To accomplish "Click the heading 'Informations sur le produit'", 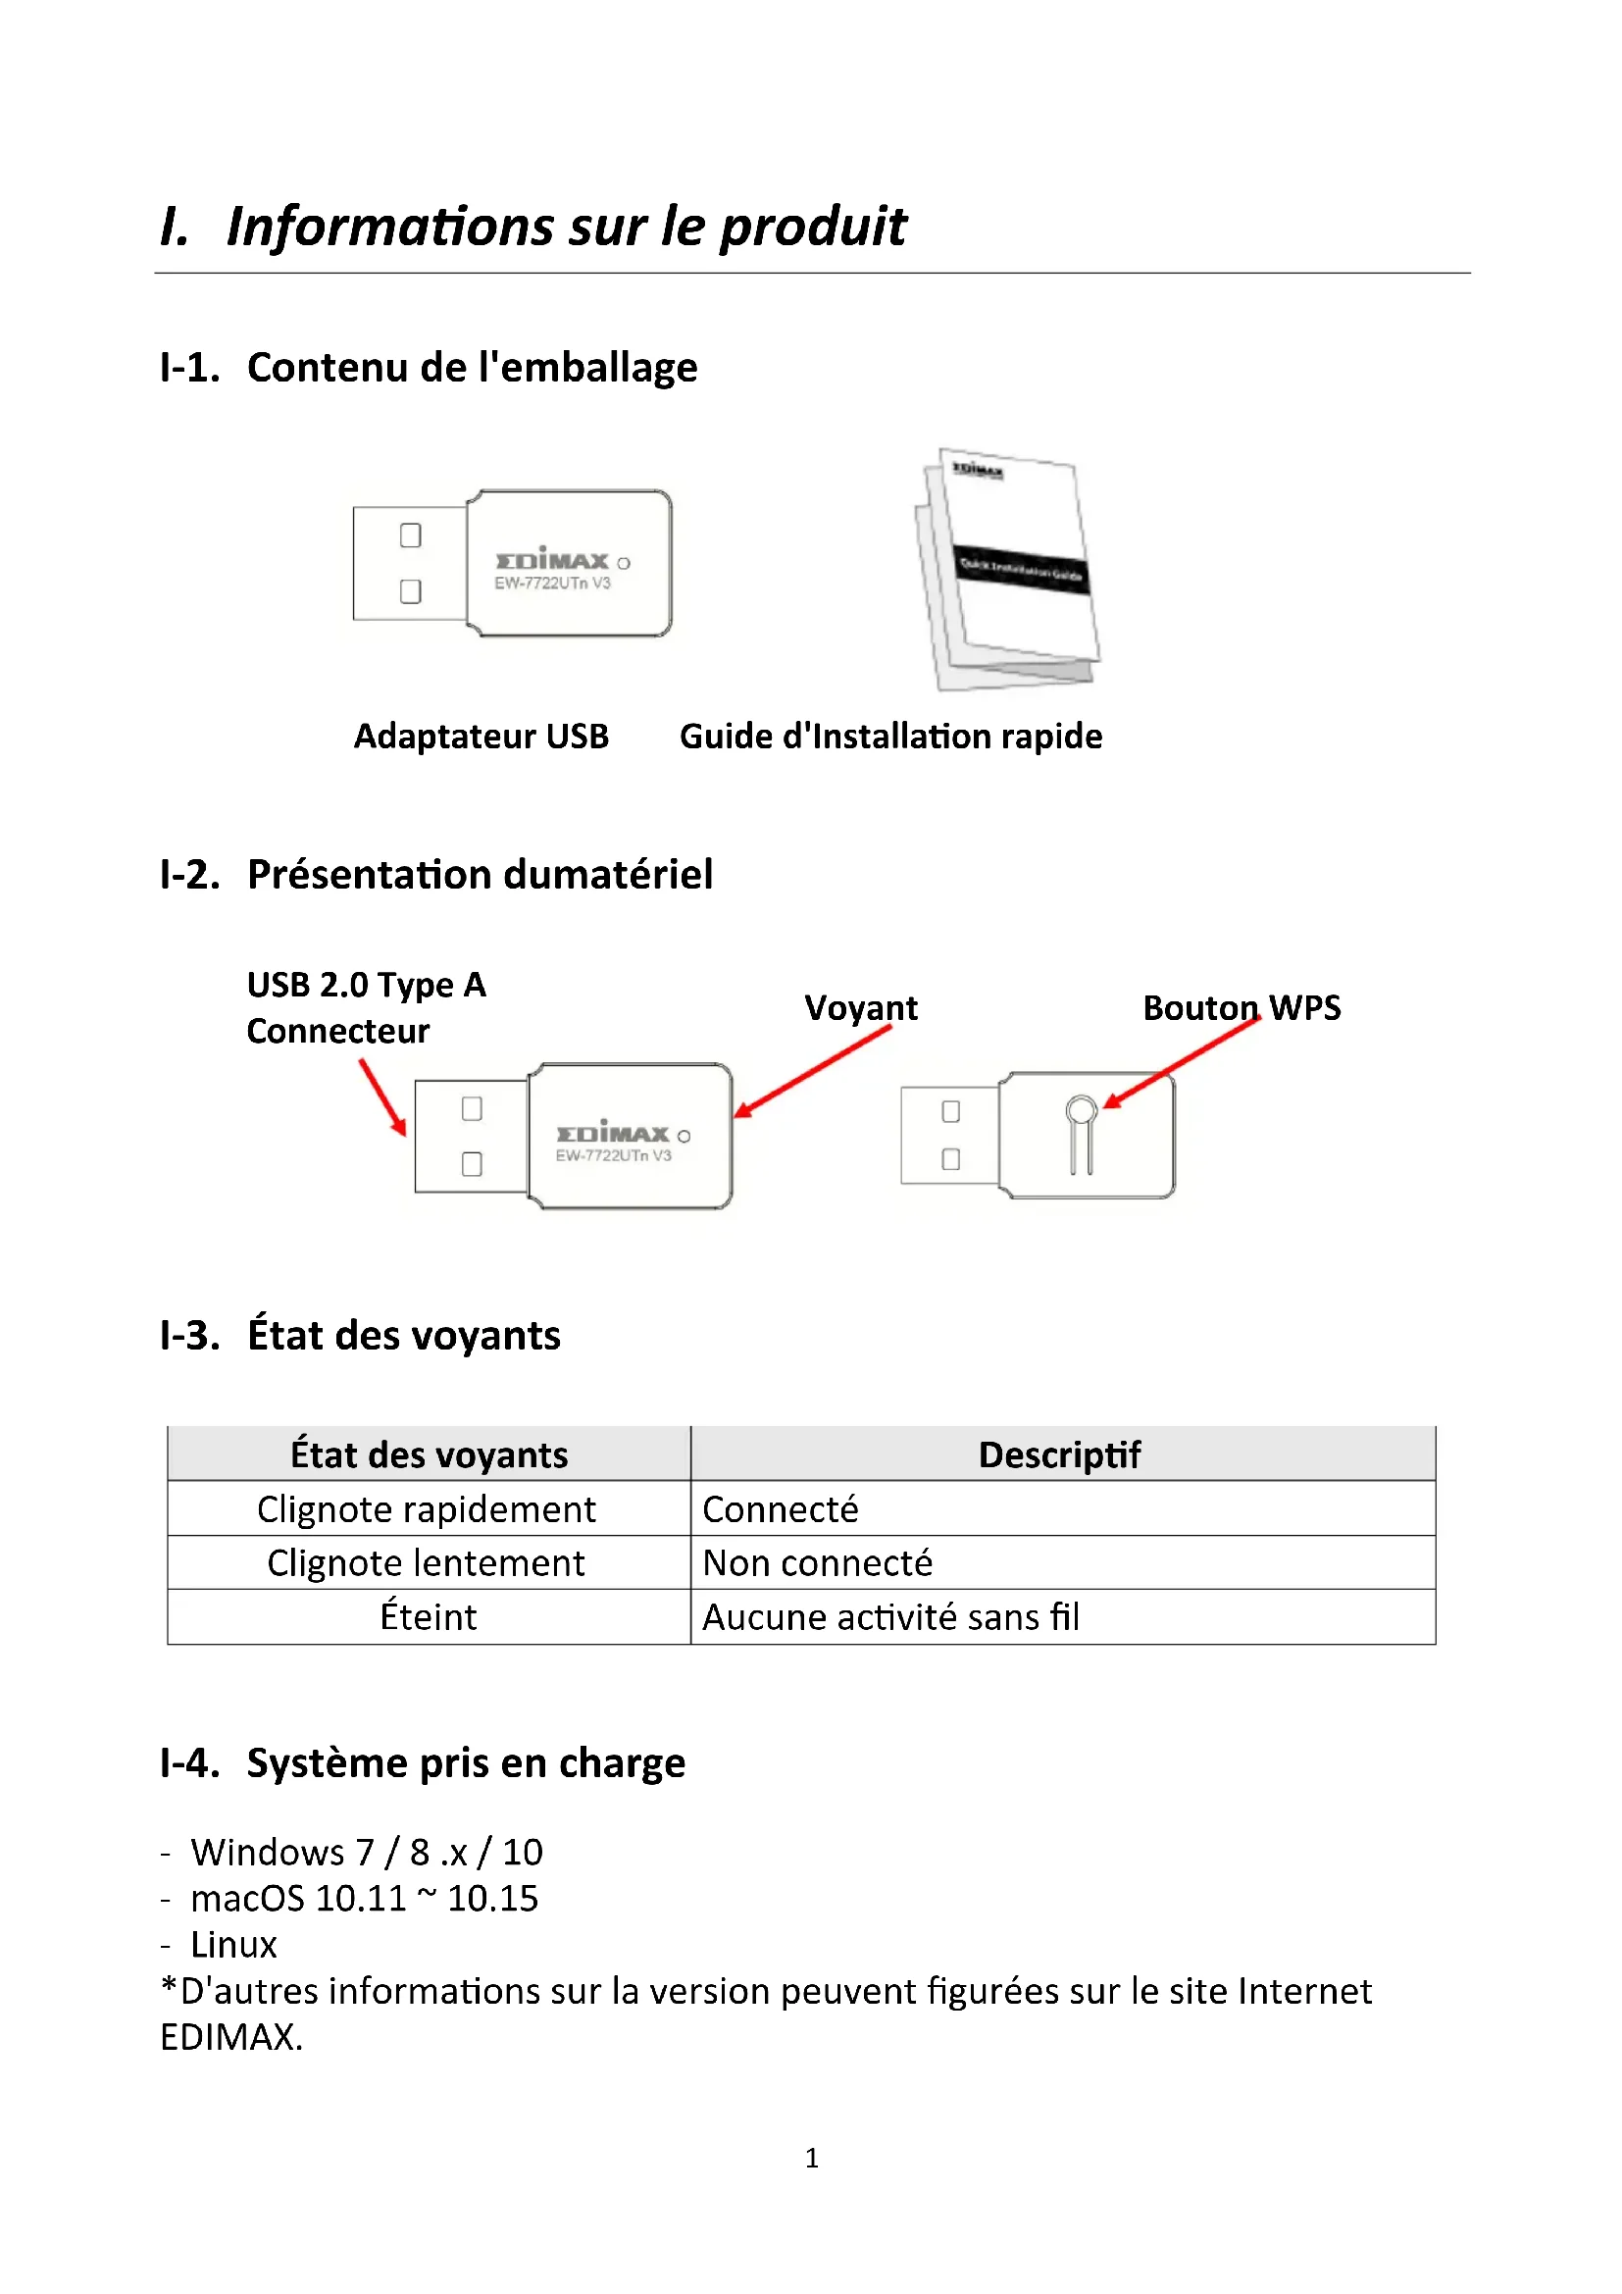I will click(x=565, y=226).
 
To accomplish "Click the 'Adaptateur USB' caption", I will click(x=481, y=737).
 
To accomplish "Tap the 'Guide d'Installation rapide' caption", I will click(x=889, y=737).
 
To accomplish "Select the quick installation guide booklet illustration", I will click(x=1009, y=569).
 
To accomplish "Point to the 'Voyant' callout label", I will click(x=860, y=1008).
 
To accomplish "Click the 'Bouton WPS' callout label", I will click(x=1241, y=1008).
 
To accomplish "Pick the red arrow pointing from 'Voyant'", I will click(x=811, y=1072).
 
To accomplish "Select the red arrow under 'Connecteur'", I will click(x=382, y=1096).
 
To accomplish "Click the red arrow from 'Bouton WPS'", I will click(x=1182, y=1063).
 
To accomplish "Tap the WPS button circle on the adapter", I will click(x=1081, y=1110).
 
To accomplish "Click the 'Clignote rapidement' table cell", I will click(x=427, y=1508).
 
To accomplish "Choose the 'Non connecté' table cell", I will click(x=817, y=1562).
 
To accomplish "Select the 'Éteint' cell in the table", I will click(x=429, y=1616).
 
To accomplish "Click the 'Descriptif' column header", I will click(x=1059, y=1454).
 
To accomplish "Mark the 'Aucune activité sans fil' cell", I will click(x=889, y=1616).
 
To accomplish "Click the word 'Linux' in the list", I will click(x=233, y=1944).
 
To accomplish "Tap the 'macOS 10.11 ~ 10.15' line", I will click(x=364, y=1899).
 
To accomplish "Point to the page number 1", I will click(x=811, y=2158).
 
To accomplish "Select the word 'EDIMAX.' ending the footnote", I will click(x=230, y=2037).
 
